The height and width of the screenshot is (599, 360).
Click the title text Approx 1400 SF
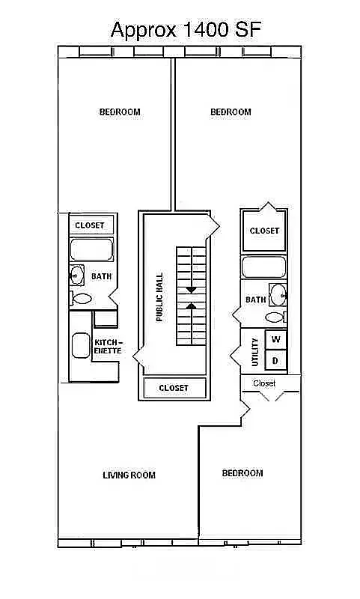(x=186, y=30)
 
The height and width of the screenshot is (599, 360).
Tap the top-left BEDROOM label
(x=120, y=112)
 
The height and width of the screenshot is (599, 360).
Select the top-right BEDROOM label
(x=231, y=112)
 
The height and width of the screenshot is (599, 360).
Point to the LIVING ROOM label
(x=129, y=475)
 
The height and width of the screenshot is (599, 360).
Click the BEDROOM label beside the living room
(x=242, y=473)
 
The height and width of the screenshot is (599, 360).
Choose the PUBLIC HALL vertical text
(x=159, y=297)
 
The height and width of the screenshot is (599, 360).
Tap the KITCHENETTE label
(x=108, y=346)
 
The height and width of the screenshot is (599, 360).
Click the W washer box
(x=276, y=340)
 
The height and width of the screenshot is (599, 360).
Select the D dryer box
(x=276, y=361)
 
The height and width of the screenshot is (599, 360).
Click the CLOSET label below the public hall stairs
(x=174, y=388)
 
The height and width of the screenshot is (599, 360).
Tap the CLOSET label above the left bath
(x=90, y=225)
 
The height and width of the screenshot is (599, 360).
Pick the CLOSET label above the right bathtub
(x=264, y=231)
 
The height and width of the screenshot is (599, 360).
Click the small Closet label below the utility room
(x=264, y=383)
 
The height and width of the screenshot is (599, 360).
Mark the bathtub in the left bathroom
(x=91, y=249)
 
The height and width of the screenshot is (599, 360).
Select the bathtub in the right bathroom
(x=263, y=267)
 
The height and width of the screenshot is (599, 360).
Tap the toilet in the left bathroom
(x=81, y=299)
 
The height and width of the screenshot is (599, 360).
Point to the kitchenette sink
(x=80, y=346)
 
